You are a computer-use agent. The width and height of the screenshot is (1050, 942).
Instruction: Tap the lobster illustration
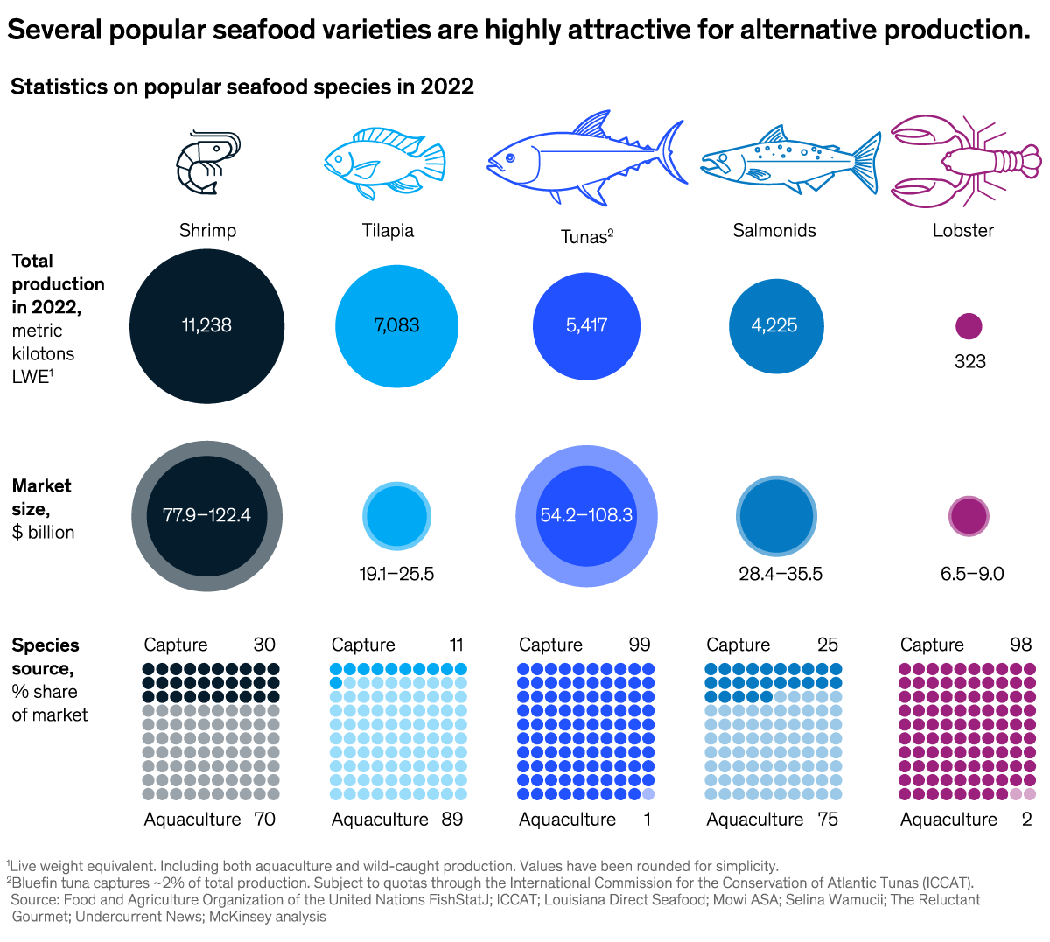pos(966,161)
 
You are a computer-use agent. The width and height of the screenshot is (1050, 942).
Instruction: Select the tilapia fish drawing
pos(385,163)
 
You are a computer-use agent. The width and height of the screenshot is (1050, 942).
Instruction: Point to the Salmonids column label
pos(774,231)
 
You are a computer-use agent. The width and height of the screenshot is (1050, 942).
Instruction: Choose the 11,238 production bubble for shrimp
pos(207,325)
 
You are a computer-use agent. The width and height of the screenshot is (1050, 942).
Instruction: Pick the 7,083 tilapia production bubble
pos(396,325)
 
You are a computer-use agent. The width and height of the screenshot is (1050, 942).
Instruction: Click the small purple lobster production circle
pos(969,326)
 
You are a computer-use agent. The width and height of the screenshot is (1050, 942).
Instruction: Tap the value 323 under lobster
pos(970,361)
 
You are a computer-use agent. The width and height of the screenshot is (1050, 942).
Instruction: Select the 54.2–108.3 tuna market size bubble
pos(586,515)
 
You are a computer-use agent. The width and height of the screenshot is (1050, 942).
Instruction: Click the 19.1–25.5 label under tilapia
pos(396,574)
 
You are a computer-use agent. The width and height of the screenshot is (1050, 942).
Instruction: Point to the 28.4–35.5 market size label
pos(780,574)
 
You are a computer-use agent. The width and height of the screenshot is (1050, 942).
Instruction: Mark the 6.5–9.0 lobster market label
pos(972,574)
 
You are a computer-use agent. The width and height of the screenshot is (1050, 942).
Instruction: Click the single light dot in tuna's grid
pos(648,794)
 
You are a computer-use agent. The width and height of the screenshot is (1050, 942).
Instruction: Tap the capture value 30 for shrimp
pos(264,645)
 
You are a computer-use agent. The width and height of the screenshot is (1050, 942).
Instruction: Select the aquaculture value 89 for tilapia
pos(452,820)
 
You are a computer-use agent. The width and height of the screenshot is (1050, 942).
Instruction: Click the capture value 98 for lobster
pos(1021,645)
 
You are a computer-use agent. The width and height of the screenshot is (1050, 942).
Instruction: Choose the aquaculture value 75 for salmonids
pos(828,820)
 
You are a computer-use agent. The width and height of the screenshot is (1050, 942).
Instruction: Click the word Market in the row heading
pos(42,485)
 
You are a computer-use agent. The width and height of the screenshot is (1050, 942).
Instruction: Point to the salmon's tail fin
pos(866,162)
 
